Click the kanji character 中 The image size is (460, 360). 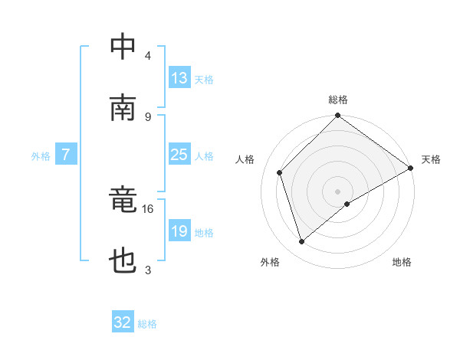pos(123,47)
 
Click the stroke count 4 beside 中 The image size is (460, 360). pos(148,56)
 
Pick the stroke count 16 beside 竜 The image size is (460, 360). pos(148,208)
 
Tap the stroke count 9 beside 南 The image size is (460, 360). pos(148,116)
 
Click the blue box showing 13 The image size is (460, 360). pos(179,79)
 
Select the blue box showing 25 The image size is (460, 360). pos(179,155)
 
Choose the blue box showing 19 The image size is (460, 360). pos(179,231)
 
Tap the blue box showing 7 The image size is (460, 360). pos(67,155)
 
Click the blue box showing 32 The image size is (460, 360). pos(123,322)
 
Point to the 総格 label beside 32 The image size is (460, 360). pos(147,324)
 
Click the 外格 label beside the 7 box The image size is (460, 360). pos(41,156)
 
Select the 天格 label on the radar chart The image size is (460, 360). pos(431,159)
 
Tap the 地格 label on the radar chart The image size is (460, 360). pos(402,262)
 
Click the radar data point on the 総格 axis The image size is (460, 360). pos(338,116)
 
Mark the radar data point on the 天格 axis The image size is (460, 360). pos(410,169)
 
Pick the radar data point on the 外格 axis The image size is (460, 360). pos(301,242)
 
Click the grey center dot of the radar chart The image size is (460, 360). pos(338,191)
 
